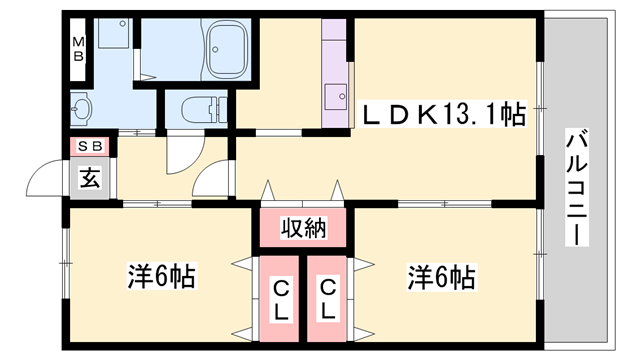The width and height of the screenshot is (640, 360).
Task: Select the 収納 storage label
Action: (x=304, y=228)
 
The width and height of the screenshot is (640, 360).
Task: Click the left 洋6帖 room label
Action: (x=160, y=274)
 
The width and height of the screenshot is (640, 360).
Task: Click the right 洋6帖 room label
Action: (x=440, y=274)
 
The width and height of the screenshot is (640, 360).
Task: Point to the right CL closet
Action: (x=328, y=298)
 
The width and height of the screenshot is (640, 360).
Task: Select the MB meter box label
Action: (x=77, y=50)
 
